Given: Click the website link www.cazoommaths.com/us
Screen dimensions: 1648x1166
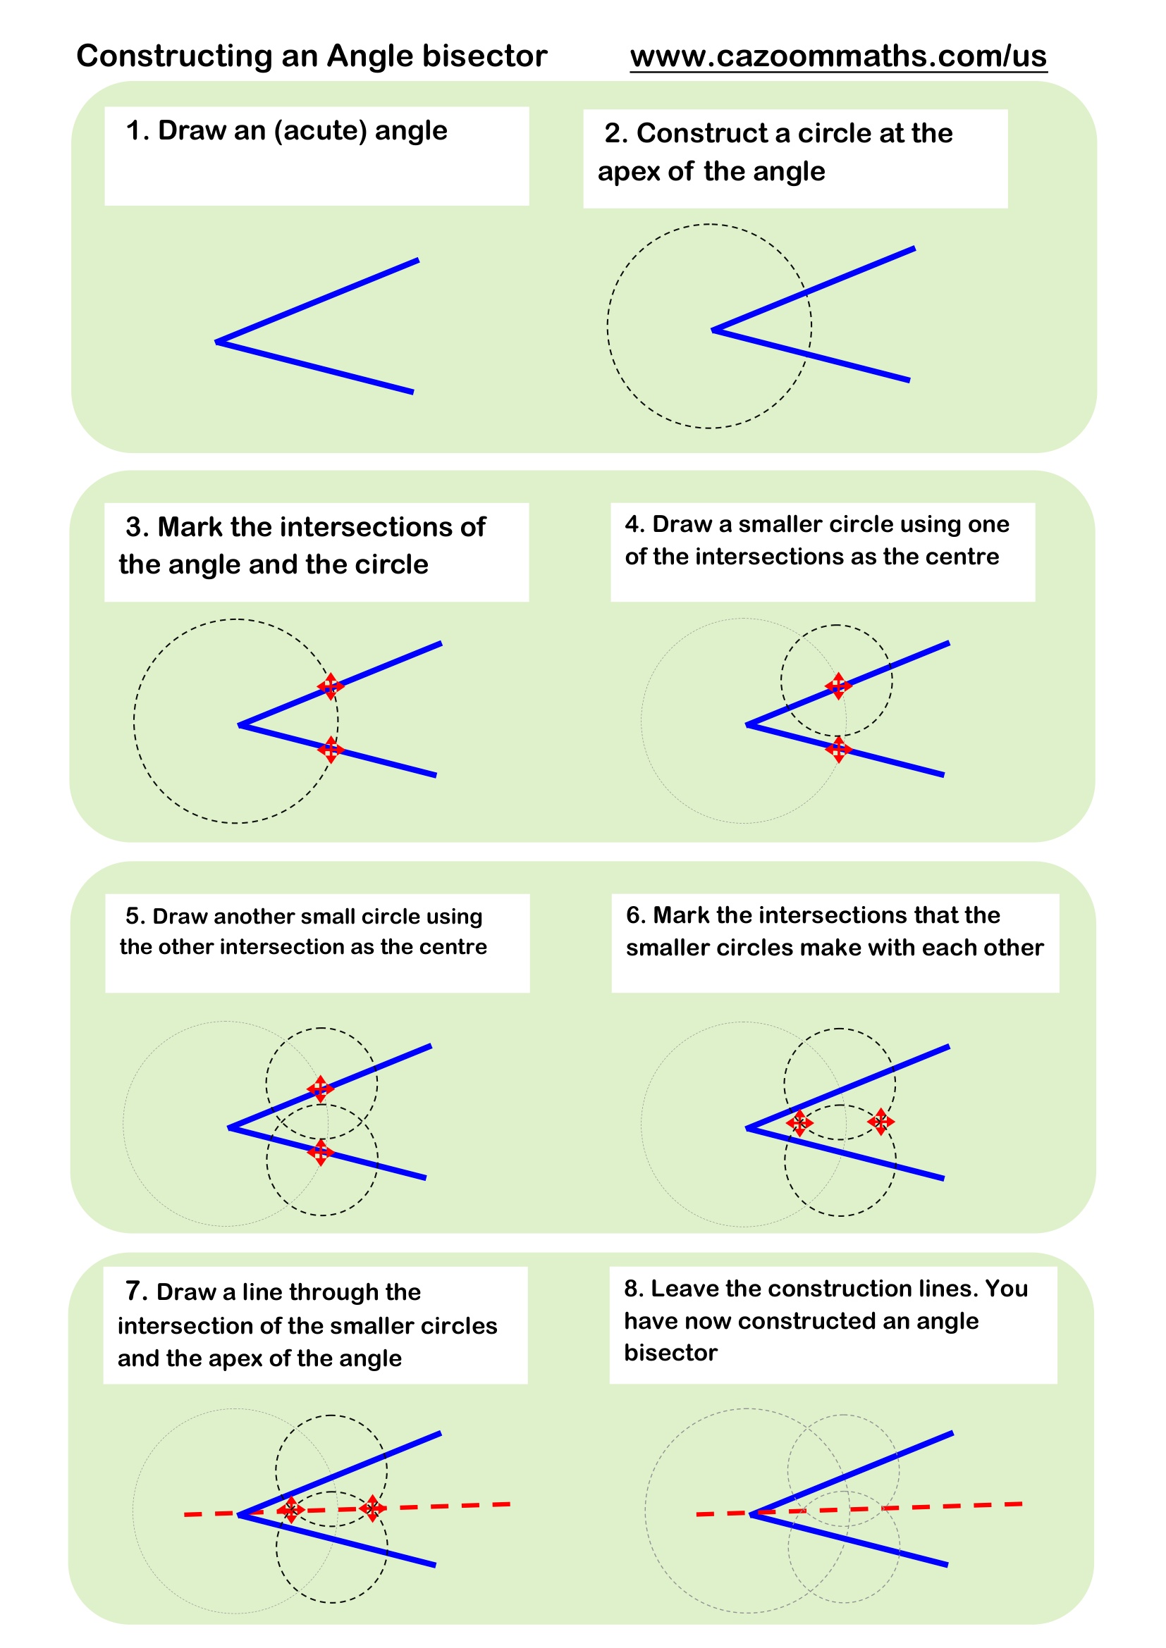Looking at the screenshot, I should [838, 56].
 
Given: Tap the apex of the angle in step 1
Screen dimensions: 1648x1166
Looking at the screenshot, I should [217, 342].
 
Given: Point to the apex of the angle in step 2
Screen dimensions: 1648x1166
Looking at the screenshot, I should [713, 330].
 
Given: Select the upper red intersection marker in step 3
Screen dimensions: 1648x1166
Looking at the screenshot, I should [330, 686].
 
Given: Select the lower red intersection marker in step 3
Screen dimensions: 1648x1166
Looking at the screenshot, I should [330, 750].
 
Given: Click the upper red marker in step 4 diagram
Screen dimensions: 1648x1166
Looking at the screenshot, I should [838, 686].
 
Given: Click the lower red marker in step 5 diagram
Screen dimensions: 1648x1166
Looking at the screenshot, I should [320, 1152].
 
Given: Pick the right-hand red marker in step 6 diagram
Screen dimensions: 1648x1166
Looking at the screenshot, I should [880, 1121].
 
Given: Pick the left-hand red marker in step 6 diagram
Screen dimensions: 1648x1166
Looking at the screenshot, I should [799, 1122].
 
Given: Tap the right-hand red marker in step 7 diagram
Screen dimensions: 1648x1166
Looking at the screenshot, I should [372, 1508].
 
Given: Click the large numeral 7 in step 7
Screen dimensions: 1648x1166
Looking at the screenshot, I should [133, 1291].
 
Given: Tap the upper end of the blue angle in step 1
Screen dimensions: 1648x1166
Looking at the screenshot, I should [417, 261].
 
